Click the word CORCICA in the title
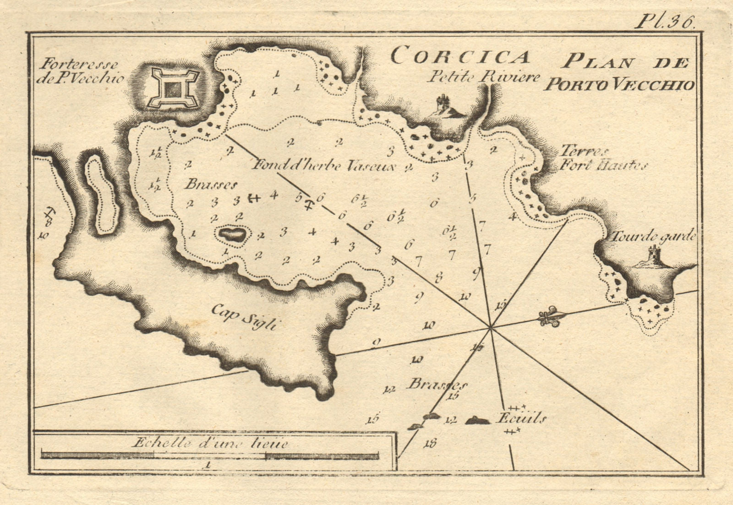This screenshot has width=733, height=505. tap(460, 57)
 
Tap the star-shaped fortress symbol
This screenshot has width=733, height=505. tap(173, 88)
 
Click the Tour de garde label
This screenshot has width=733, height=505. tap(652, 237)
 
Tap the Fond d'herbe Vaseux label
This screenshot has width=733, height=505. tap(323, 165)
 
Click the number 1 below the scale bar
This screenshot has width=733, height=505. tap(208, 465)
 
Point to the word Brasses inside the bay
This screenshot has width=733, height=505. tap(211, 185)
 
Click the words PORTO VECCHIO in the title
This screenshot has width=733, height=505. tap(618, 85)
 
